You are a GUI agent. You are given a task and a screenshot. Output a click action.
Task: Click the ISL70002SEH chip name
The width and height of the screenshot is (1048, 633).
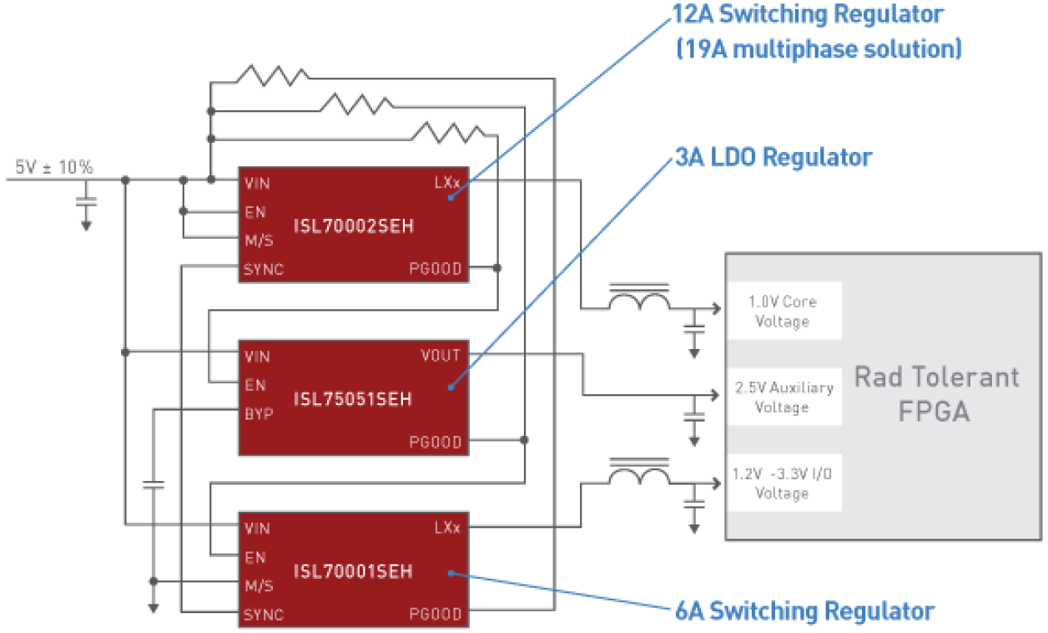point(354,226)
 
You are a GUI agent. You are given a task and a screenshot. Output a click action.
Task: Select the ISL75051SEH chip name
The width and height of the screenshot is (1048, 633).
point(353,399)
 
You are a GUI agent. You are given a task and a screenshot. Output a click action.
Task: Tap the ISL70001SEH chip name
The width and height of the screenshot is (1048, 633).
point(353,572)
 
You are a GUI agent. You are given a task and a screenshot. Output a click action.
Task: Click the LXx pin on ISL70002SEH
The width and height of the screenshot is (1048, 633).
point(447,181)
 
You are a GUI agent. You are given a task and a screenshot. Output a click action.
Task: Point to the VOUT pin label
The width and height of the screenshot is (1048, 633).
point(441,356)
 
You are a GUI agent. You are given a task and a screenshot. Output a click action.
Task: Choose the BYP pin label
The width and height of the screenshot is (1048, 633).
point(259,413)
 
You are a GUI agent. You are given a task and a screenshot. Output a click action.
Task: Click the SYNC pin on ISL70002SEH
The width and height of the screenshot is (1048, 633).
point(264,270)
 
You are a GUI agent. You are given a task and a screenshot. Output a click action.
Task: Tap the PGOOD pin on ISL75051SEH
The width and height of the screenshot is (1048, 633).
point(435,443)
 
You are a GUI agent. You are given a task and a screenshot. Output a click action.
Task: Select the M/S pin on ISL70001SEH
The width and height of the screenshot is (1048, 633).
point(259,586)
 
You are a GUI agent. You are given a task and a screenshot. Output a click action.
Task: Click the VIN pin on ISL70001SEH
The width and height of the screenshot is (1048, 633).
point(257,529)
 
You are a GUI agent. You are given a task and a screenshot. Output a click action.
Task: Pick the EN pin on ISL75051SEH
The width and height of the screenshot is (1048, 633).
point(255,385)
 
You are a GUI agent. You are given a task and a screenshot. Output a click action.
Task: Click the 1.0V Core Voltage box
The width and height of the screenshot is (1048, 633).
point(783,311)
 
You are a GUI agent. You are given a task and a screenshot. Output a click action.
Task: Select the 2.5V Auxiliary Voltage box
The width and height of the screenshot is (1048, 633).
point(783,398)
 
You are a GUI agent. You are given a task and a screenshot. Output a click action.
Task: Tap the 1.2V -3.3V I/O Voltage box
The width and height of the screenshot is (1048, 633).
point(783,484)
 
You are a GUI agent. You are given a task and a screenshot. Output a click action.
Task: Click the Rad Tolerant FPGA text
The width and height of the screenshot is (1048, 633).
point(936,394)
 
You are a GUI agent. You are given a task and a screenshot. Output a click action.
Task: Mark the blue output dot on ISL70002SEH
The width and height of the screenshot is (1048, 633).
point(451,197)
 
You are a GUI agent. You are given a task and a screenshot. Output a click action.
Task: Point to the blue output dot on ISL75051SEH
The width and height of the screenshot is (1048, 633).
point(451,387)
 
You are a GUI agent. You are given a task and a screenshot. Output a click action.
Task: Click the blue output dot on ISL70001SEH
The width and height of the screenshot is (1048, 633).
point(451,573)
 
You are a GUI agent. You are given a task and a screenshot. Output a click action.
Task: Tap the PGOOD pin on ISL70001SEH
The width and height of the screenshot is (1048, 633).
point(435,615)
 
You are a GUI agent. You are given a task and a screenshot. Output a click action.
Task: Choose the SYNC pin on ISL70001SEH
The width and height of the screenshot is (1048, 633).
point(264,615)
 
